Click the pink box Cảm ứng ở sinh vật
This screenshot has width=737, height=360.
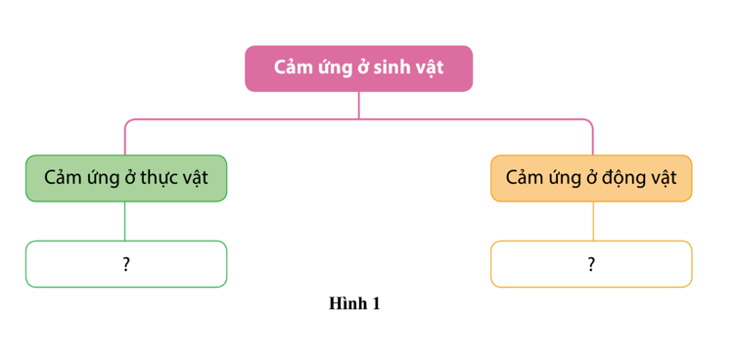pos(358,68)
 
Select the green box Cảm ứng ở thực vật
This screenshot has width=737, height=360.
pos(126,178)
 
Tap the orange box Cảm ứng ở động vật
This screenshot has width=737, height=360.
pos(591,178)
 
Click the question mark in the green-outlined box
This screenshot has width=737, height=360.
pos(126,264)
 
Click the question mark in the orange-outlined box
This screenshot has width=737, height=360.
pos(591,264)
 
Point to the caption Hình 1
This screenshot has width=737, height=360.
pos(354,303)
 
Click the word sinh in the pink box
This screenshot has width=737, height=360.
pos(392,67)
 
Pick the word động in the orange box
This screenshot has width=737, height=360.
pos(625,179)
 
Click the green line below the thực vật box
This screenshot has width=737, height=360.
pos(125,221)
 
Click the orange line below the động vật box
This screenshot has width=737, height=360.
pos(593,221)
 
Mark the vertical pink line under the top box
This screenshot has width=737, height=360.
pos(358,106)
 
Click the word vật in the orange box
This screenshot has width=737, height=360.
pos(664,179)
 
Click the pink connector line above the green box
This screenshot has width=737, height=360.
pos(125,136)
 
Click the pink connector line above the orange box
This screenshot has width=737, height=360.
pos(593,136)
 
